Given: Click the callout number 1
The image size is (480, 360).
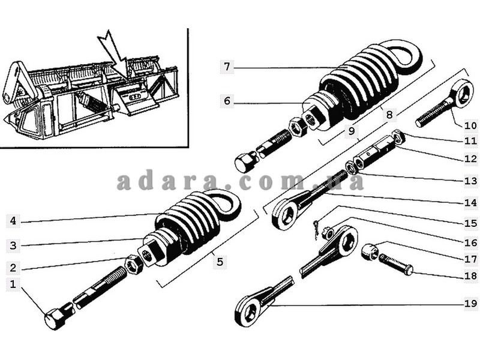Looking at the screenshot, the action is pos(13,284).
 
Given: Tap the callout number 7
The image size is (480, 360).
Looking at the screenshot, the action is pos(227,67).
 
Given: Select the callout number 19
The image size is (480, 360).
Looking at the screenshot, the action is pos(471,304).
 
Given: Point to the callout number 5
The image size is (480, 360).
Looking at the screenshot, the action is pos(220,262).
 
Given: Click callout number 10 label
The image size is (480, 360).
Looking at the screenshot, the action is pos(471,125).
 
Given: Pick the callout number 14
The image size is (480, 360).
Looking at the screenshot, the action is pos(471,202).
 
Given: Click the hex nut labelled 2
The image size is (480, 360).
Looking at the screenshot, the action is pos(133,265).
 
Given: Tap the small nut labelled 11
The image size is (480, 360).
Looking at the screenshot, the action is pos(398,137).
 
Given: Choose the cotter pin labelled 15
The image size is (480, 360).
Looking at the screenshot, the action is pos(317,229).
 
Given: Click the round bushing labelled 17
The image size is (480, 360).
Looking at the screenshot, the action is pos(370,251).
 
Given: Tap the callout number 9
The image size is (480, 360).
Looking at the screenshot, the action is pos(352,131).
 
